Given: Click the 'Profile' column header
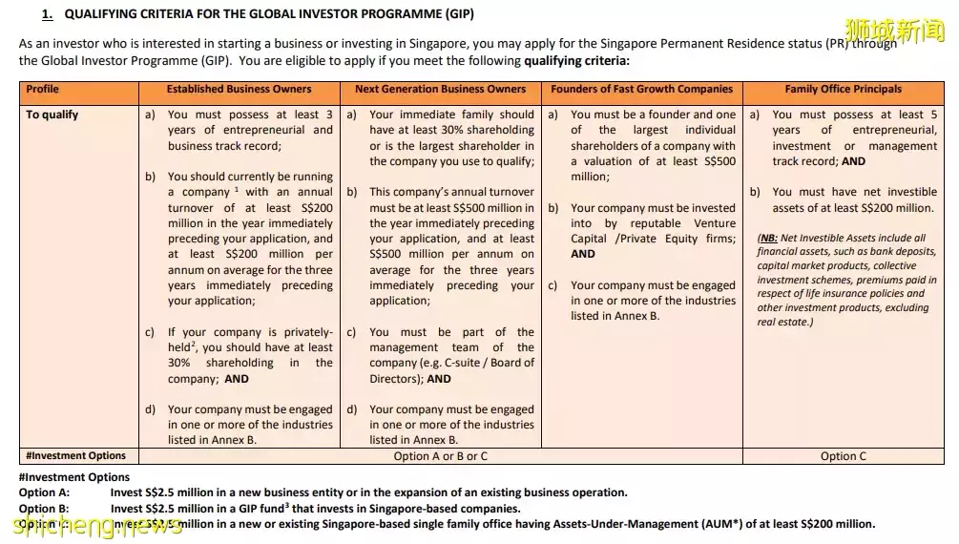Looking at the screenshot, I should coord(42,90).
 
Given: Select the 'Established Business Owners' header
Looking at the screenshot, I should coord(239,90).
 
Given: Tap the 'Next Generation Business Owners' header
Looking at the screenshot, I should coord(440,90).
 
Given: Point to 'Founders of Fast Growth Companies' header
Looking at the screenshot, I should coord(641,90).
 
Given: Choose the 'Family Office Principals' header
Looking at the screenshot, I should coord(843,90).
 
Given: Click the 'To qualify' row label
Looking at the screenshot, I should coord(52,115).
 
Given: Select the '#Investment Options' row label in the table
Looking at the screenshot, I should coord(75,456).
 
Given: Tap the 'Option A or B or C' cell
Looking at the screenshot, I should coord(440,456).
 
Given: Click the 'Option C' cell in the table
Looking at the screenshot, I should coord(843,456).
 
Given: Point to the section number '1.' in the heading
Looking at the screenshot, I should coord(48,14).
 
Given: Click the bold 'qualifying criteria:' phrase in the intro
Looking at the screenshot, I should coord(576,60).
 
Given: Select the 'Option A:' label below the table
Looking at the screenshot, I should coord(44,493).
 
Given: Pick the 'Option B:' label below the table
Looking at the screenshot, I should coord(44,509).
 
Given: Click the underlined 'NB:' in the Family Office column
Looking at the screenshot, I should coord(768,239).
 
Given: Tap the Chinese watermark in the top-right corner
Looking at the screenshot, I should coord(906,31).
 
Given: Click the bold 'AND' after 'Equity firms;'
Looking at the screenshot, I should coord(582,254).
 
